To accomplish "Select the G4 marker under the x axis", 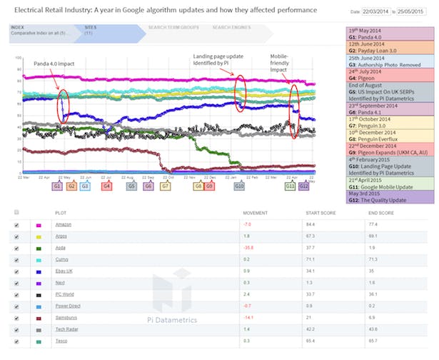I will [106, 186].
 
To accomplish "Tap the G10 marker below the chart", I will [241, 186].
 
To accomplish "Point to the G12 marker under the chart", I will [304, 186].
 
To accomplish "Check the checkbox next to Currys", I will [16, 259].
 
